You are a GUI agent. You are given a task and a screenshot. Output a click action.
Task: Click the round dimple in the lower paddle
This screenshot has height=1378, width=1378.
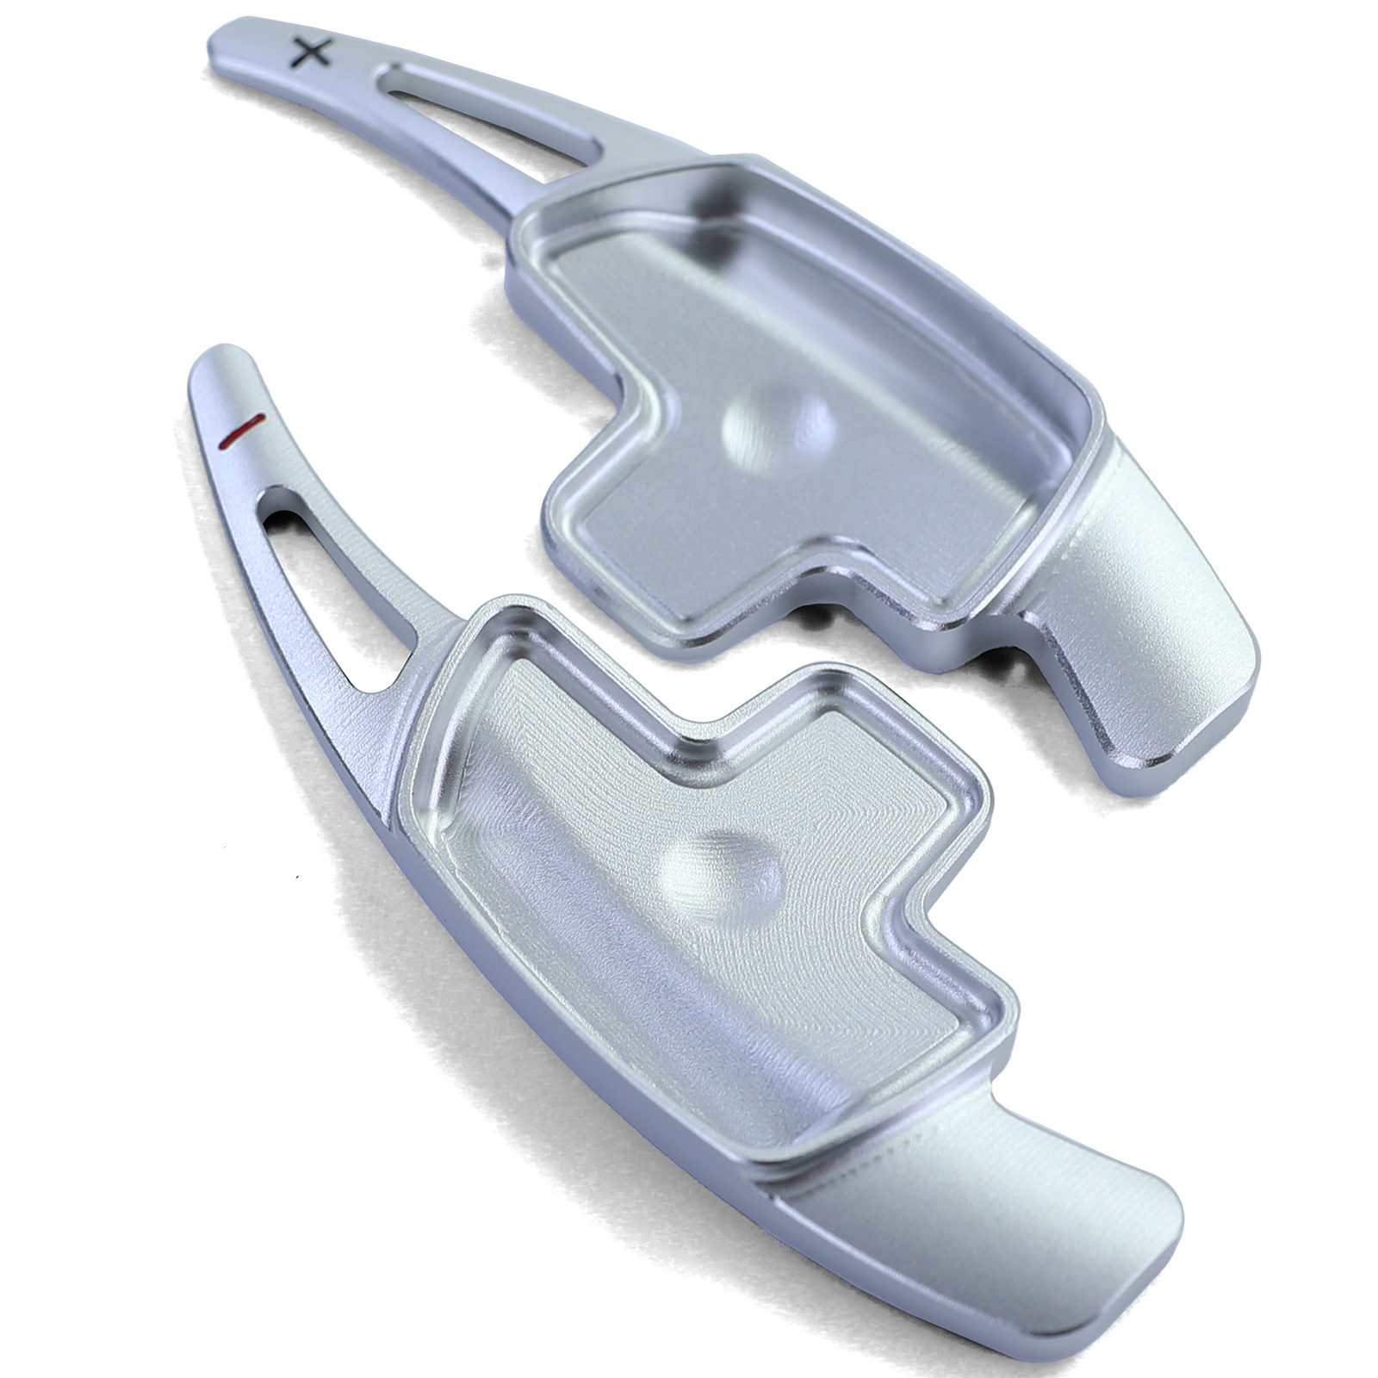tap(722, 878)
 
